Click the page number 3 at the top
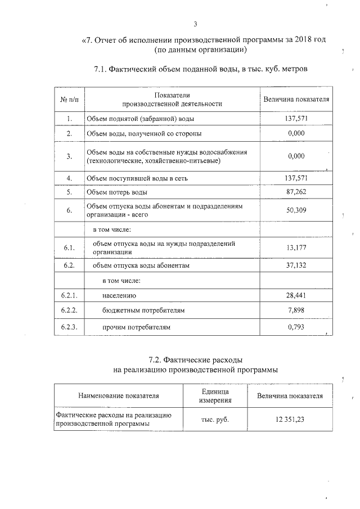point(195,24)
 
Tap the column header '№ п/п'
point(69,100)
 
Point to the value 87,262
point(296,192)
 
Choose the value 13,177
point(296,247)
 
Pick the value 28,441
point(296,295)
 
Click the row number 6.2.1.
point(69,295)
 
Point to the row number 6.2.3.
point(69,327)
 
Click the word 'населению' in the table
point(119,295)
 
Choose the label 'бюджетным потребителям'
point(143,310)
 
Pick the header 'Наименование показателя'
point(119,396)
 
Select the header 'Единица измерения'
point(215,396)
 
